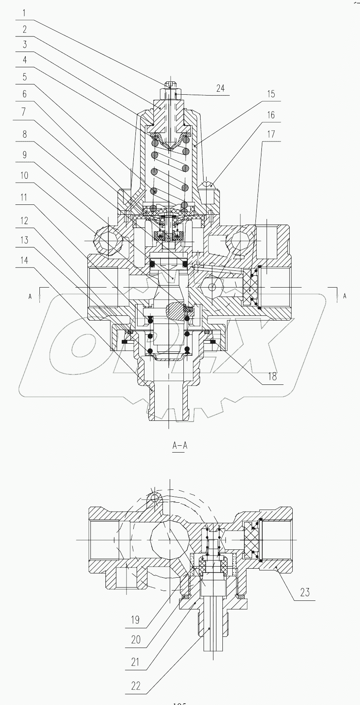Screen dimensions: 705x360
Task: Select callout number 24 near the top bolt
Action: (x=220, y=89)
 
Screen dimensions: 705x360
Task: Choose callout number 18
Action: (x=272, y=377)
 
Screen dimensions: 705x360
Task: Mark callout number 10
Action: (x=24, y=175)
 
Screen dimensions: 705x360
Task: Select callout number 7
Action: (x=24, y=112)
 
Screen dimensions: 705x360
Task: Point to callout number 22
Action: (x=136, y=685)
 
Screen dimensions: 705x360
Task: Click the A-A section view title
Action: (x=180, y=446)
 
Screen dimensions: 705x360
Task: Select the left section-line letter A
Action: (x=30, y=296)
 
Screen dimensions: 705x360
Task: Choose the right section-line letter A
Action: (x=345, y=296)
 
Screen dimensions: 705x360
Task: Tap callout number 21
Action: (x=135, y=663)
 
